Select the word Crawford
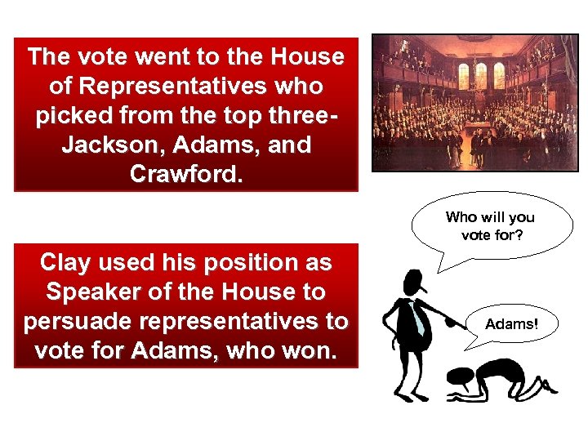(185, 175)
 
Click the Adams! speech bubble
(511, 324)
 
